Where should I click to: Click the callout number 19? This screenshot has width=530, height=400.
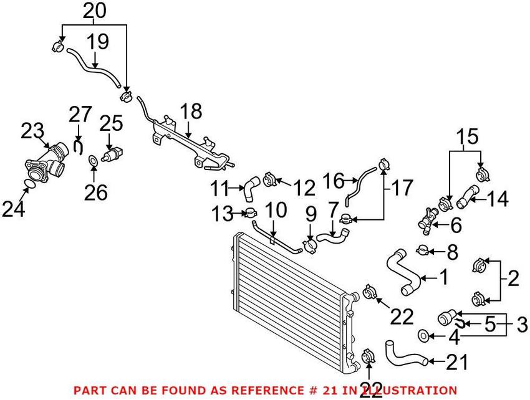point(97,42)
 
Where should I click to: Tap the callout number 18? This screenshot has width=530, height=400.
point(191,112)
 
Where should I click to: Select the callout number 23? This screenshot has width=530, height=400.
point(32,131)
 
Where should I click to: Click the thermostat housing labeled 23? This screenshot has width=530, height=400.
point(47,164)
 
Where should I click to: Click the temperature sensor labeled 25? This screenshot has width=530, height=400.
point(114,153)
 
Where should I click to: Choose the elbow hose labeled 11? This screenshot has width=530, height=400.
point(250,187)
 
